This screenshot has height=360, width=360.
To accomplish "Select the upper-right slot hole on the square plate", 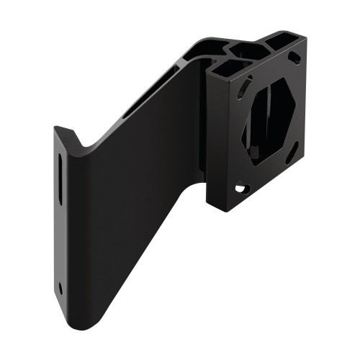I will (x=294, y=58).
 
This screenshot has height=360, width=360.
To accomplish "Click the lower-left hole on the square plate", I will (x=240, y=189).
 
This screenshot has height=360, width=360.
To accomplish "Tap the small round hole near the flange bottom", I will (x=60, y=287).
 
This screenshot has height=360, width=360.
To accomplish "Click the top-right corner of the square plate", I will (x=306, y=40).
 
